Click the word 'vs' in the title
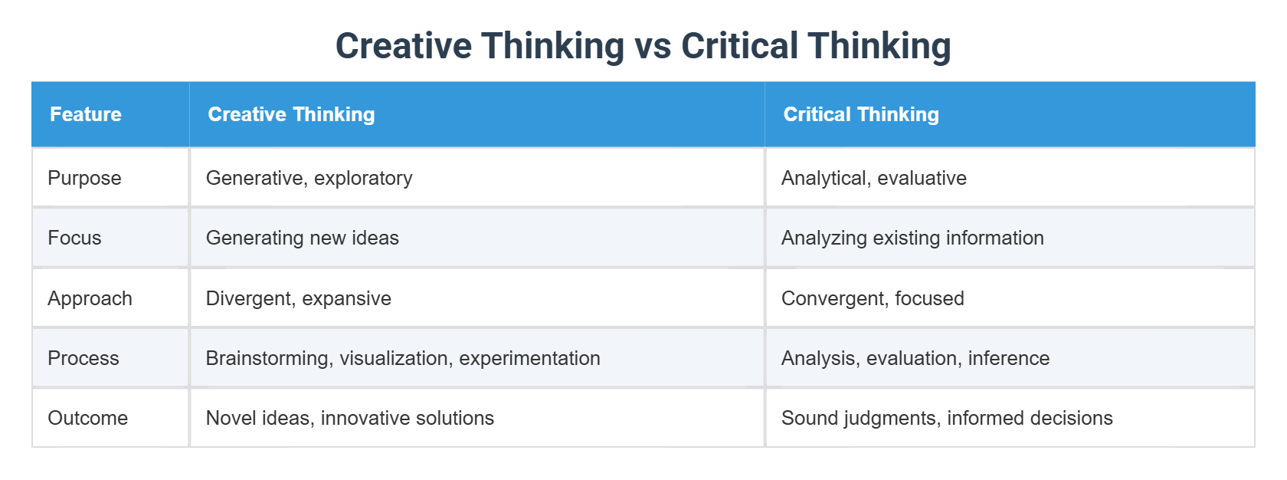point(653,46)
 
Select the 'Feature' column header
point(86,114)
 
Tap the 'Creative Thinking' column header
point(291,114)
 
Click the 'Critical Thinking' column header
point(861,114)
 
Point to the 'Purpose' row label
point(84,178)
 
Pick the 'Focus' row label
point(74,238)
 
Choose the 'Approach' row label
point(90,298)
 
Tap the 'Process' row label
point(84,358)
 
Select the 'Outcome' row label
point(87,418)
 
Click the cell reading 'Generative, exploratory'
point(309,178)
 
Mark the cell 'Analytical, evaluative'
point(873,178)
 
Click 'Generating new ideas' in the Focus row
point(302,238)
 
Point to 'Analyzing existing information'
point(912,238)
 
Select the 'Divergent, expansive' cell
point(298,298)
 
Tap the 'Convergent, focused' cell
point(873,298)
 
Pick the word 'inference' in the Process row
point(1008,358)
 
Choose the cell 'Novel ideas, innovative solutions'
point(349,418)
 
